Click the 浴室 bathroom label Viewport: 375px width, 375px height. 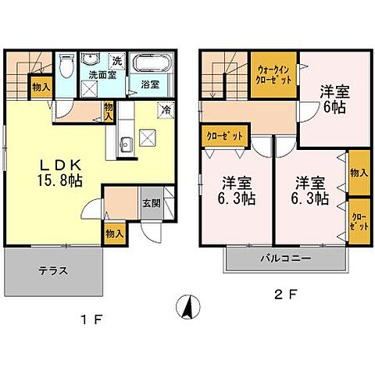coord(151,84)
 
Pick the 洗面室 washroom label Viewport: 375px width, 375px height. coord(102,77)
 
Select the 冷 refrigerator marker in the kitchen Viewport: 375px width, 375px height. coord(166,110)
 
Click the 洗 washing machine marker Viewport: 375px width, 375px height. coord(116,61)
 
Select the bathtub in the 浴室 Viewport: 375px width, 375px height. coord(152,64)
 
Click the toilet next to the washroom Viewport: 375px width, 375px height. coord(67,66)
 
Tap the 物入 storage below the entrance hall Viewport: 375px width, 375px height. coord(114,234)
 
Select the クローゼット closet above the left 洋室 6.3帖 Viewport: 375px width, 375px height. coord(224,136)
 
